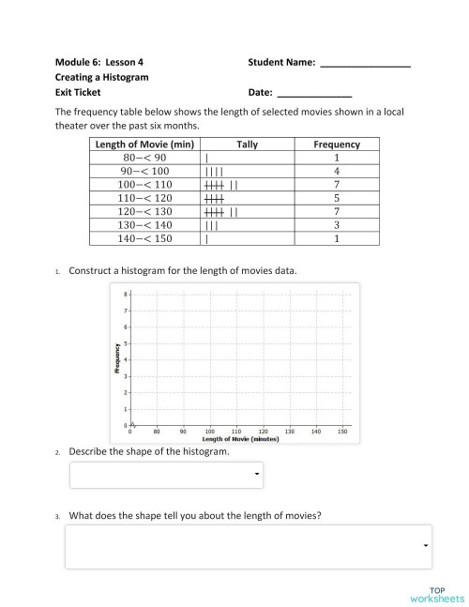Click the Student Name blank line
coord(366,66)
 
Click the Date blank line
coord(314,96)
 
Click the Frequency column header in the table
coord(336,144)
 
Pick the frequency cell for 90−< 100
coord(336,172)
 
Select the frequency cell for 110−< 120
coord(336,199)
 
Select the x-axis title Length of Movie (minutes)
coord(240,439)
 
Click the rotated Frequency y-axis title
coord(116,359)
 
